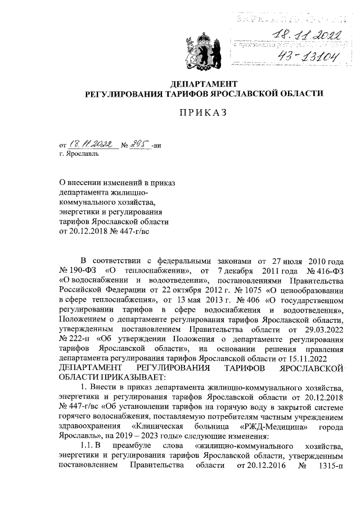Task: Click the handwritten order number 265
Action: (x=138, y=145)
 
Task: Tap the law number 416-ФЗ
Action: (x=322, y=270)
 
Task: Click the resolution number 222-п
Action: (x=76, y=337)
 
